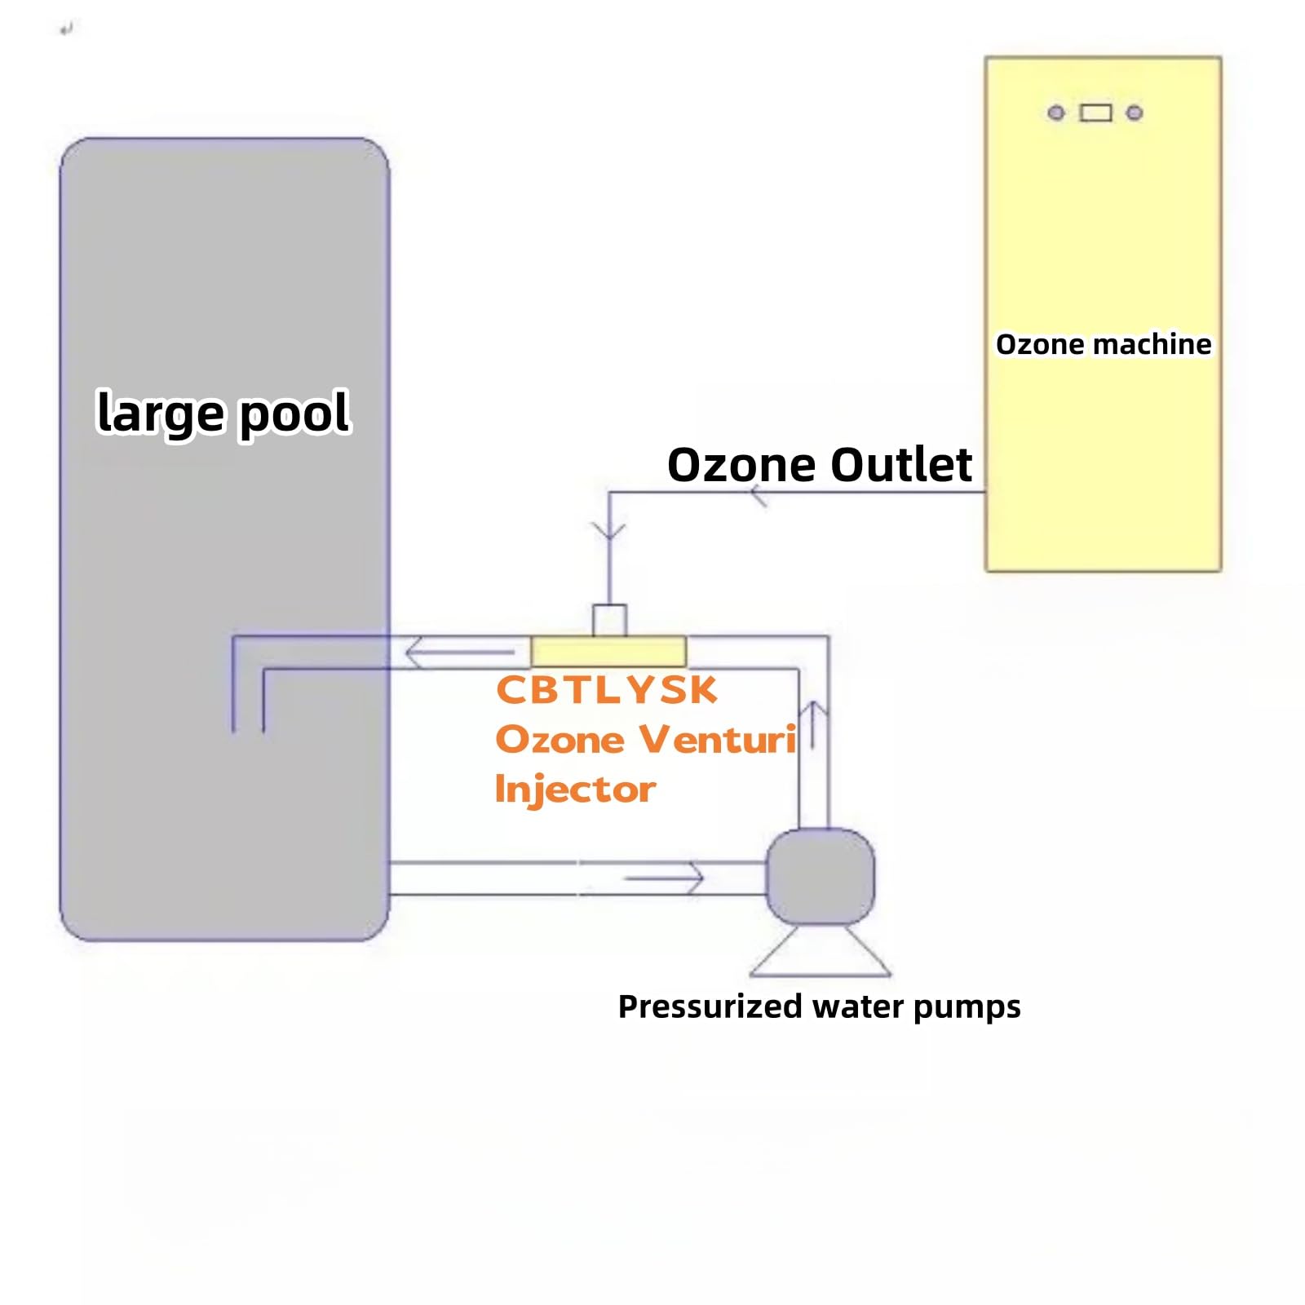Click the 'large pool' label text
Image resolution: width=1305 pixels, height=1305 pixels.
[223, 413]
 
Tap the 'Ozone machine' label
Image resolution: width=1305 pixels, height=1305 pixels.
[1103, 344]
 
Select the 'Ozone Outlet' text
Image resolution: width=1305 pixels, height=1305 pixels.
[819, 465]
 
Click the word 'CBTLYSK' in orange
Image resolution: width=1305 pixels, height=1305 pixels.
[607, 690]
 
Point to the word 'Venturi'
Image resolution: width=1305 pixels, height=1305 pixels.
[718, 739]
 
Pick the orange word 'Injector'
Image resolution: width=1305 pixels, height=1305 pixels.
[575, 789]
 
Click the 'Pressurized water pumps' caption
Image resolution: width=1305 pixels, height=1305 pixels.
[819, 1006]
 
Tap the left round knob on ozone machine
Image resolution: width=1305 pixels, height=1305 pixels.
[1055, 113]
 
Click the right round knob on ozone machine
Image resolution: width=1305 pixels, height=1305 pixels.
[1135, 113]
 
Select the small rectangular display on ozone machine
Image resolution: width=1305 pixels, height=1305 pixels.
[1095, 113]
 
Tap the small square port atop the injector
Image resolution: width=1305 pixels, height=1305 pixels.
[609, 620]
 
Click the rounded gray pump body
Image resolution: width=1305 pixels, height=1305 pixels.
[820, 877]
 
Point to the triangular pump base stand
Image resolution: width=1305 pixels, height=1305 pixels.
[820, 954]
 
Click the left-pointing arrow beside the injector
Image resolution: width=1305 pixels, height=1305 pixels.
[457, 652]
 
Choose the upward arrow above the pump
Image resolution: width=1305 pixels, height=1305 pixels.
[813, 722]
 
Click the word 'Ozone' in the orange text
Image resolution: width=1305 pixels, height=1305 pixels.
[560, 739]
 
